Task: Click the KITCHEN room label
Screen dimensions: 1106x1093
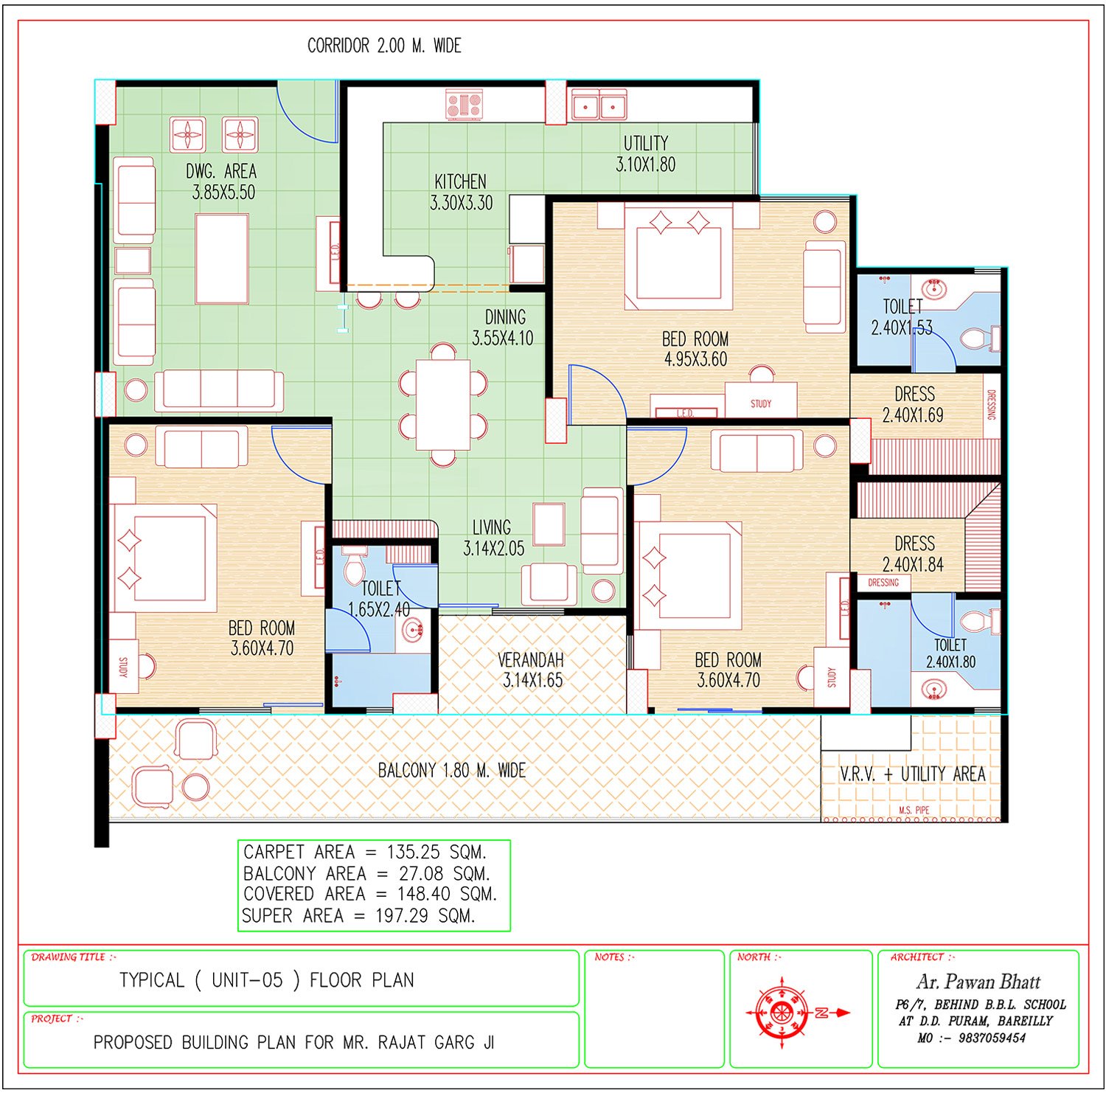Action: [x=460, y=181]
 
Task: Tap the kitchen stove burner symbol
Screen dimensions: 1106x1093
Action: [x=464, y=104]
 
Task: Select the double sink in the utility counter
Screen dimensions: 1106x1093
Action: [x=599, y=105]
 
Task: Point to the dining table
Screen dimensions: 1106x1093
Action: [x=442, y=403]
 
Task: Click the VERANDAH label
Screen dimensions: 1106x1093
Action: [x=531, y=659]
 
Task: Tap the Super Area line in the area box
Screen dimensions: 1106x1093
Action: [x=358, y=916]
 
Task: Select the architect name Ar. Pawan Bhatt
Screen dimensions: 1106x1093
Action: [x=978, y=982]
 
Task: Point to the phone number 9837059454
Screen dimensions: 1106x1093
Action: [x=992, y=1038]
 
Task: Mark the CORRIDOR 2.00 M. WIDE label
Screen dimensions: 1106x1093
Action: [x=384, y=46]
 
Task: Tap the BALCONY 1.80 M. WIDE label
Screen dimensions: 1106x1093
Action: [x=451, y=771]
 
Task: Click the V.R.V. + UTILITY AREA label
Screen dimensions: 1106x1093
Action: [x=912, y=774]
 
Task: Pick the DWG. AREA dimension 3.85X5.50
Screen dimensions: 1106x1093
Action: [x=223, y=192]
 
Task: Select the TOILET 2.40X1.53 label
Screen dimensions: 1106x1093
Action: [x=902, y=317]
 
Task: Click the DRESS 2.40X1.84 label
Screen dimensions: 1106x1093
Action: [x=914, y=554]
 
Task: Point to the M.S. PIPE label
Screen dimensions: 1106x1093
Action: [x=914, y=810]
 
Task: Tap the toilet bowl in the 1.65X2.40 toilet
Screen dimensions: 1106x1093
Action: [x=355, y=565]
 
